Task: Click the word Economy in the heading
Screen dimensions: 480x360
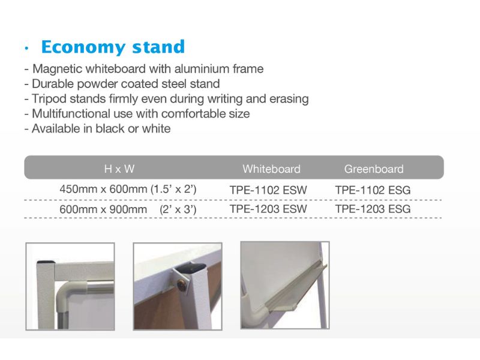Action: (83, 47)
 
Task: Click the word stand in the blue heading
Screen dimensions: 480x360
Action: (158, 47)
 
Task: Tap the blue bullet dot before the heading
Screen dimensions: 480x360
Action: (26, 48)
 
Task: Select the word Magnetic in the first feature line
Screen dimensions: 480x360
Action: (57, 69)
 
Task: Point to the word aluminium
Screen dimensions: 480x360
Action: (202, 68)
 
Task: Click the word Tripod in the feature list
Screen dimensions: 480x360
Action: (49, 99)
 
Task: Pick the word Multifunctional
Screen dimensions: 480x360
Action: (71, 113)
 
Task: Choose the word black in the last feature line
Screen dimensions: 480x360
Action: (110, 128)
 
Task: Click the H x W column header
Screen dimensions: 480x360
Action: (119, 169)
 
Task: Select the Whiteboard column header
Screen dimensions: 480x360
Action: (272, 169)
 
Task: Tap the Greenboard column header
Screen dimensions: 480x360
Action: (374, 169)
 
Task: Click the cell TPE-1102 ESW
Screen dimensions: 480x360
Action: (268, 190)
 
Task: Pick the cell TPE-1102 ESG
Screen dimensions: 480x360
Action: (373, 190)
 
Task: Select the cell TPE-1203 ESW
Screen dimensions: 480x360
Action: (268, 209)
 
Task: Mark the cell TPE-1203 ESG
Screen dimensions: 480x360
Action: (373, 209)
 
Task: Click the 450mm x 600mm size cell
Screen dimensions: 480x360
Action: (103, 189)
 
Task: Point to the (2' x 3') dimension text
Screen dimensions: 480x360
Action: (178, 209)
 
